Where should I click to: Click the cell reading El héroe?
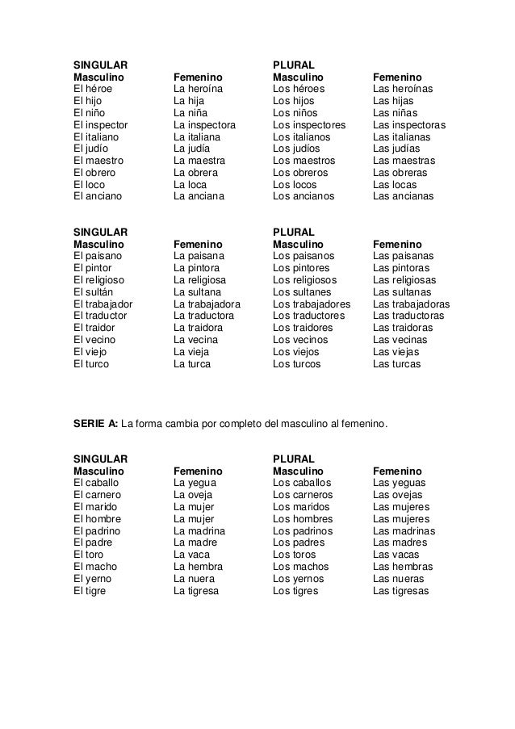click(x=93, y=89)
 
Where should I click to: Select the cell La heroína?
click(x=199, y=89)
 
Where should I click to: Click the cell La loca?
click(x=190, y=184)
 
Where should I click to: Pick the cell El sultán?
click(x=94, y=291)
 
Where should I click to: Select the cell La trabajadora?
click(x=207, y=304)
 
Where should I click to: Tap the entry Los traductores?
click(x=308, y=316)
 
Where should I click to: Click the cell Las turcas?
click(x=396, y=364)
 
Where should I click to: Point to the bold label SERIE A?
click(x=95, y=423)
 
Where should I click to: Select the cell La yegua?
click(x=194, y=483)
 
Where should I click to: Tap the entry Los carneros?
click(x=302, y=495)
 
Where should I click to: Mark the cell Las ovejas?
click(x=398, y=495)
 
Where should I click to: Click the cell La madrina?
click(x=199, y=530)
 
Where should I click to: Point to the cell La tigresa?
click(x=196, y=590)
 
